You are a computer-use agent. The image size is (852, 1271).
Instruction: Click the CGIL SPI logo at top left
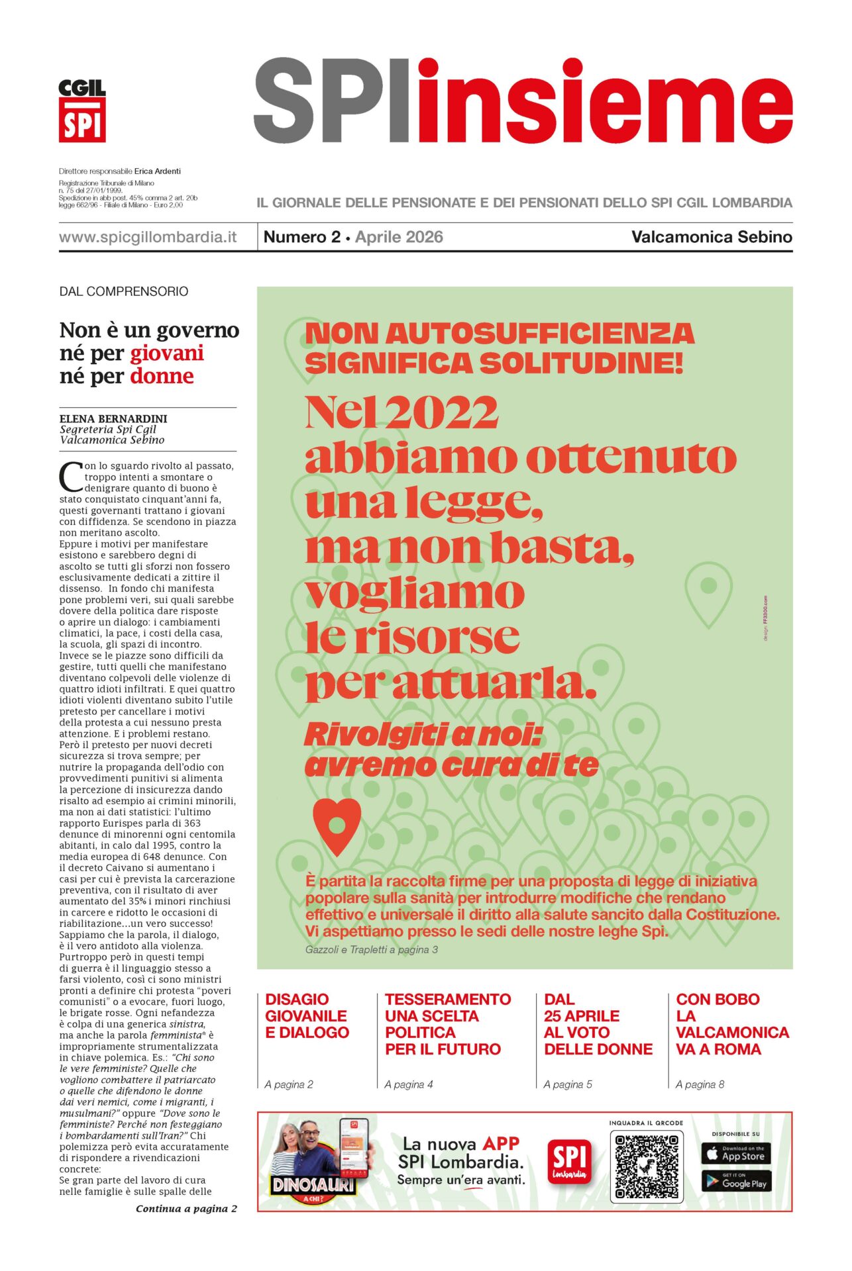click(x=82, y=111)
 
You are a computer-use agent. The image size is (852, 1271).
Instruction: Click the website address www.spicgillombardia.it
click(x=147, y=237)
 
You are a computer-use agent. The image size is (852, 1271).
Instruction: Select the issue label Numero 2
click(x=301, y=237)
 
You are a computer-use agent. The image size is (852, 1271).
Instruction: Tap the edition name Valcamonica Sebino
click(x=712, y=237)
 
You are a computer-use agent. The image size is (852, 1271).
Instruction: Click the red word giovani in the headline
click(x=166, y=353)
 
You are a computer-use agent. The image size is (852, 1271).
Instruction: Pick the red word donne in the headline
click(x=162, y=377)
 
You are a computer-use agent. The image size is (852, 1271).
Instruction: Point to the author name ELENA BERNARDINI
click(x=113, y=418)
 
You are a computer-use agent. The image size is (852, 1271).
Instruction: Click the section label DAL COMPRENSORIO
click(x=124, y=291)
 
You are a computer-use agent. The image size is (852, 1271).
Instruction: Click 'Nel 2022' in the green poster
click(x=401, y=412)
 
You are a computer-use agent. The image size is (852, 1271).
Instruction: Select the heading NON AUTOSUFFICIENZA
click(x=499, y=334)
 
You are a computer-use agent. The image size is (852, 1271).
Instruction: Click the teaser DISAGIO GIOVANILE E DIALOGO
click(x=307, y=1015)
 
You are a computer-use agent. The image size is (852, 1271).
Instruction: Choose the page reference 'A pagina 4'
click(x=409, y=1084)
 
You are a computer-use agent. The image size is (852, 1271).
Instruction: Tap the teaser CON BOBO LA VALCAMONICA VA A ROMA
click(x=731, y=1024)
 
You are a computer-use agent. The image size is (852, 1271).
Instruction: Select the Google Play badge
click(x=735, y=1182)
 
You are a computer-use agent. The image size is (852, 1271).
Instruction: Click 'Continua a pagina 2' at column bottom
click(x=186, y=1209)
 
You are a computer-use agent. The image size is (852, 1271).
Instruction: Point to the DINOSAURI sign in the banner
click(x=313, y=1184)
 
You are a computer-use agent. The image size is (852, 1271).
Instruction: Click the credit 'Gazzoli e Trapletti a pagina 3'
click(x=371, y=949)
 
